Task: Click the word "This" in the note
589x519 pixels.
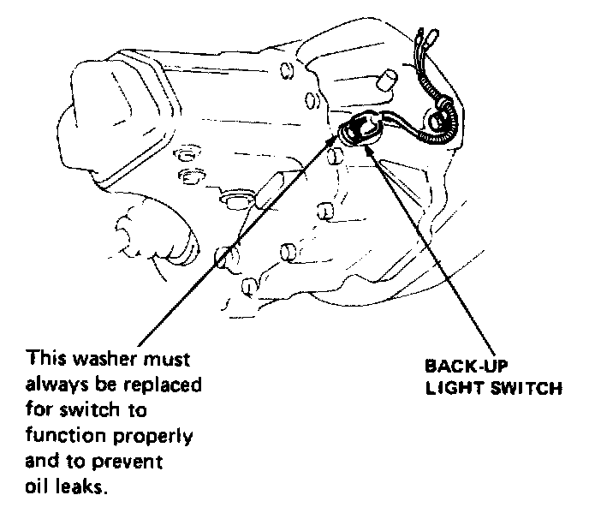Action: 45,356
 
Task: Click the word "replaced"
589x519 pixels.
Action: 163,385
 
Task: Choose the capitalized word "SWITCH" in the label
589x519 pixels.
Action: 524,387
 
